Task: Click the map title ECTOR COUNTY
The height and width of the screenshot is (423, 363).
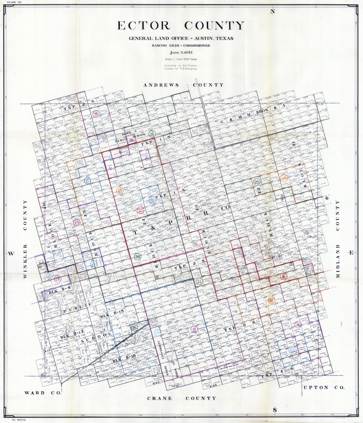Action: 180,26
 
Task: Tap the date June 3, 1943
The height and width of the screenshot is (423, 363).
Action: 180,52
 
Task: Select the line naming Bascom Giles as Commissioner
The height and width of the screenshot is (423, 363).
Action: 180,46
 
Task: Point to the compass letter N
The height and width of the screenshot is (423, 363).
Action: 272,11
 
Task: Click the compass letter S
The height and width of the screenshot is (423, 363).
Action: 274,410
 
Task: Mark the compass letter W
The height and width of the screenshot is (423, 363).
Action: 10,253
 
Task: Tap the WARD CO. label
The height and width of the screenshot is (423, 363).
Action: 43,393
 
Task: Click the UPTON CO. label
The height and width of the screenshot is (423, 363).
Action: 320,388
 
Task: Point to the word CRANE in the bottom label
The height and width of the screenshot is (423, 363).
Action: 159,398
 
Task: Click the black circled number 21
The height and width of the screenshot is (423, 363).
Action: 199,281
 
